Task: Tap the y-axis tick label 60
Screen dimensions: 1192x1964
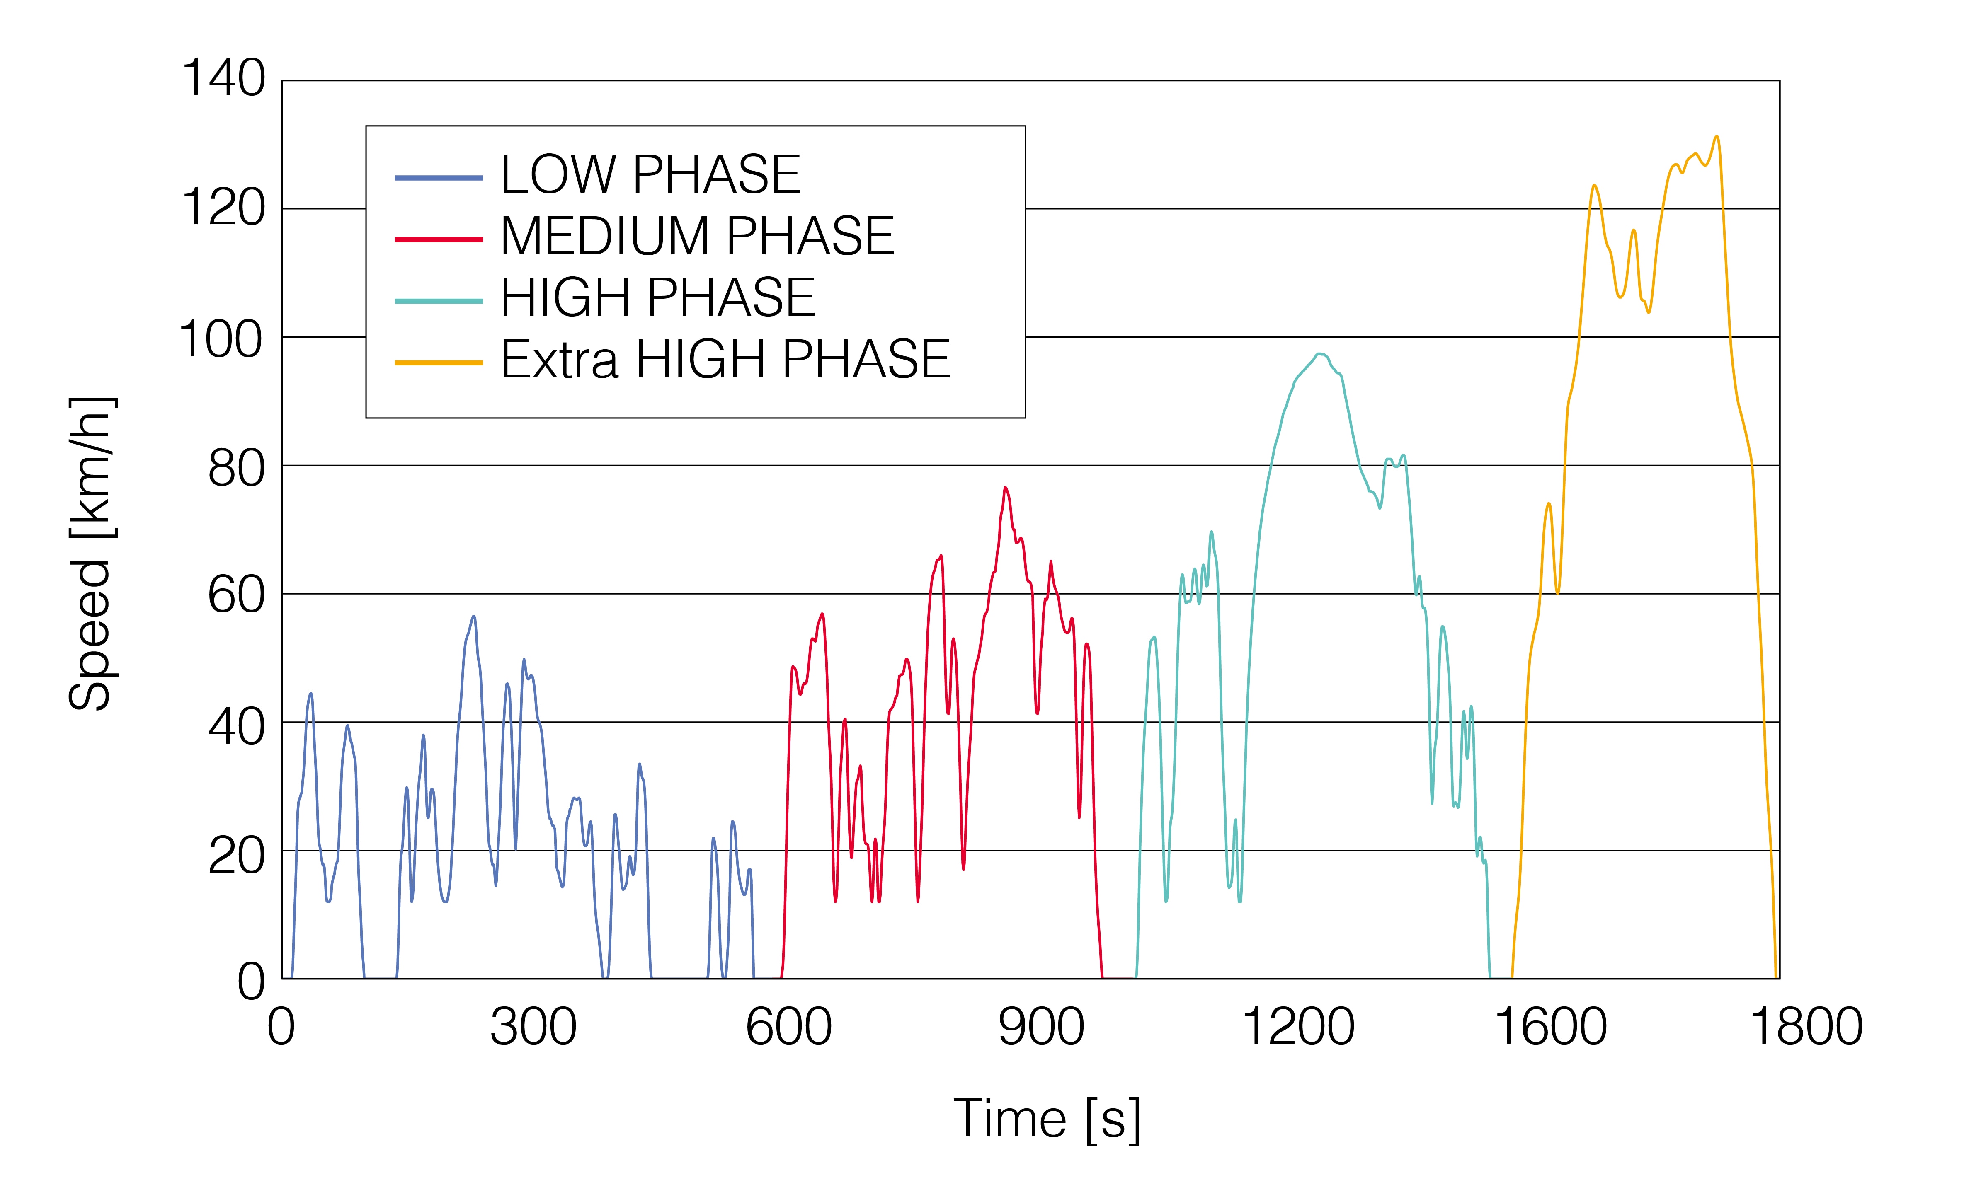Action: click(x=236, y=595)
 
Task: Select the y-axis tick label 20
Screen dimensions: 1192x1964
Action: click(x=236, y=856)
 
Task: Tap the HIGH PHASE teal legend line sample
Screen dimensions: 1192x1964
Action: click(x=439, y=301)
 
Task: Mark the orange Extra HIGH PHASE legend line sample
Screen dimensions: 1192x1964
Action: click(x=439, y=363)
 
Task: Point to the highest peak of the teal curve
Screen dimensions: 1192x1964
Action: click(x=1319, y=354)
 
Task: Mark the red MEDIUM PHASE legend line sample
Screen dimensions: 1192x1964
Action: click(x=439, y=239)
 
